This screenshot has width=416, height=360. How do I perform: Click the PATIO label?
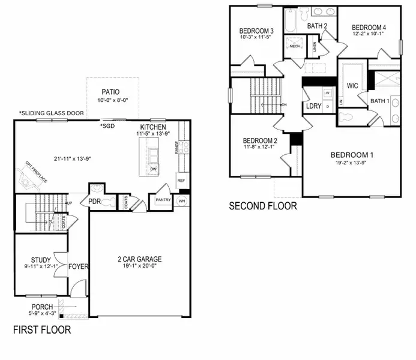tap(110, 92)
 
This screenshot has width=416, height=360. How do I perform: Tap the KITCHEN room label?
tap(152, 128)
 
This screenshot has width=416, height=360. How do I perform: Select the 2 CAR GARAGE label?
tap(139, 260)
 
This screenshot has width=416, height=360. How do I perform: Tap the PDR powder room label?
tap(94, 201)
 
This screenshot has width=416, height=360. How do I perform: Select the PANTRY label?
tap(163, 200)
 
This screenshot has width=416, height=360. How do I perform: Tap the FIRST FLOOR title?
tap(42, 329)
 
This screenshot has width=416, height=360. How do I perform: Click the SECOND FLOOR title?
tap(263, 206)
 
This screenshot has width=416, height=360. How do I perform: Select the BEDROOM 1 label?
tap(352, 155)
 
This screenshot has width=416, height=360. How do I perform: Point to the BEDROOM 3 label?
tap(256, 31)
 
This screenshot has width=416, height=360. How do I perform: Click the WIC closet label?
tap(352, 86)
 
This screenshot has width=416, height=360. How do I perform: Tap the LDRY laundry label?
tap(313, 106)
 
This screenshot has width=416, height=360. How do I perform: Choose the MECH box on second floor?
tap(295, 46)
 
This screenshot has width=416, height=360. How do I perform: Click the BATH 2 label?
tap(317, 26)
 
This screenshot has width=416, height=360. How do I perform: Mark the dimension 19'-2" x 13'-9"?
tap(352, 164)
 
